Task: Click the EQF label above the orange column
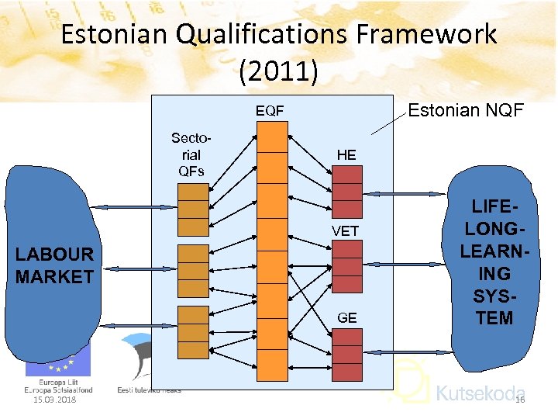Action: tap(270, 112)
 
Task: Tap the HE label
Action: tap(346, 155)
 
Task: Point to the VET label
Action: tap(346, 231)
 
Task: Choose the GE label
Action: tap(346, 317)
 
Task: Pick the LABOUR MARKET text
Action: tap(54, 265)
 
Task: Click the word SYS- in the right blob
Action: tap(495, 296)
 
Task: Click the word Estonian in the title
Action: tap(115, 34)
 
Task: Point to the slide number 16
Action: tap(520, 400)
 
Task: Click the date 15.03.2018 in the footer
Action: tap(54, 400)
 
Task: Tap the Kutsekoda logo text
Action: tap(480, 393)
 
